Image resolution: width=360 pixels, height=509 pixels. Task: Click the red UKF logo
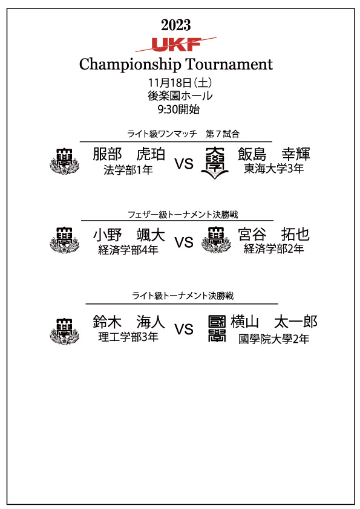point(176,45)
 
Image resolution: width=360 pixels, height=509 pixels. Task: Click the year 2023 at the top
point(176,25)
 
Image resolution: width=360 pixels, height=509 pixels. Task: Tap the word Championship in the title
point(130,65)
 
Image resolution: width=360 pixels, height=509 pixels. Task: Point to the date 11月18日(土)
point(180,83)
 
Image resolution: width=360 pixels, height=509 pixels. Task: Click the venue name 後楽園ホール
point(180,96)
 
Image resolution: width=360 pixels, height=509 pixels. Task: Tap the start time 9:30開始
point(178,109)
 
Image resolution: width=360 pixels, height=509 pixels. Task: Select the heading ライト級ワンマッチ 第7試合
point(183,134)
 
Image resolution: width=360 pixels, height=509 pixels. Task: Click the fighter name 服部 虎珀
point(129,154)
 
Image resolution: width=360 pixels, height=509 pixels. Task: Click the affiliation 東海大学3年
point(274,169)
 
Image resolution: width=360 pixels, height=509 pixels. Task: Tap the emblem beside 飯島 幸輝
point(215,163)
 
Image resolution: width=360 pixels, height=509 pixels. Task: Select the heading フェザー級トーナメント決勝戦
point(183,215)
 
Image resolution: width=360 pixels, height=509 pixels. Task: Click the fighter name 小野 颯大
point(129,235)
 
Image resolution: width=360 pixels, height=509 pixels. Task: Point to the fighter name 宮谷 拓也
point(274,235)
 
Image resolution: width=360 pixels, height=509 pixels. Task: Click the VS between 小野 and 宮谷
point(184,242)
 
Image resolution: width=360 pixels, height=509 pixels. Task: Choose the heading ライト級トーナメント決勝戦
point(183,296)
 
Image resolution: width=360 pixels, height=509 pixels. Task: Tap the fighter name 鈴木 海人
point(129,322)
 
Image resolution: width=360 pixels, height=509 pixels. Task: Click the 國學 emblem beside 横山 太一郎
point(217,329)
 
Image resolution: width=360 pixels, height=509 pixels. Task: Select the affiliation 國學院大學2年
point(274,339)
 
